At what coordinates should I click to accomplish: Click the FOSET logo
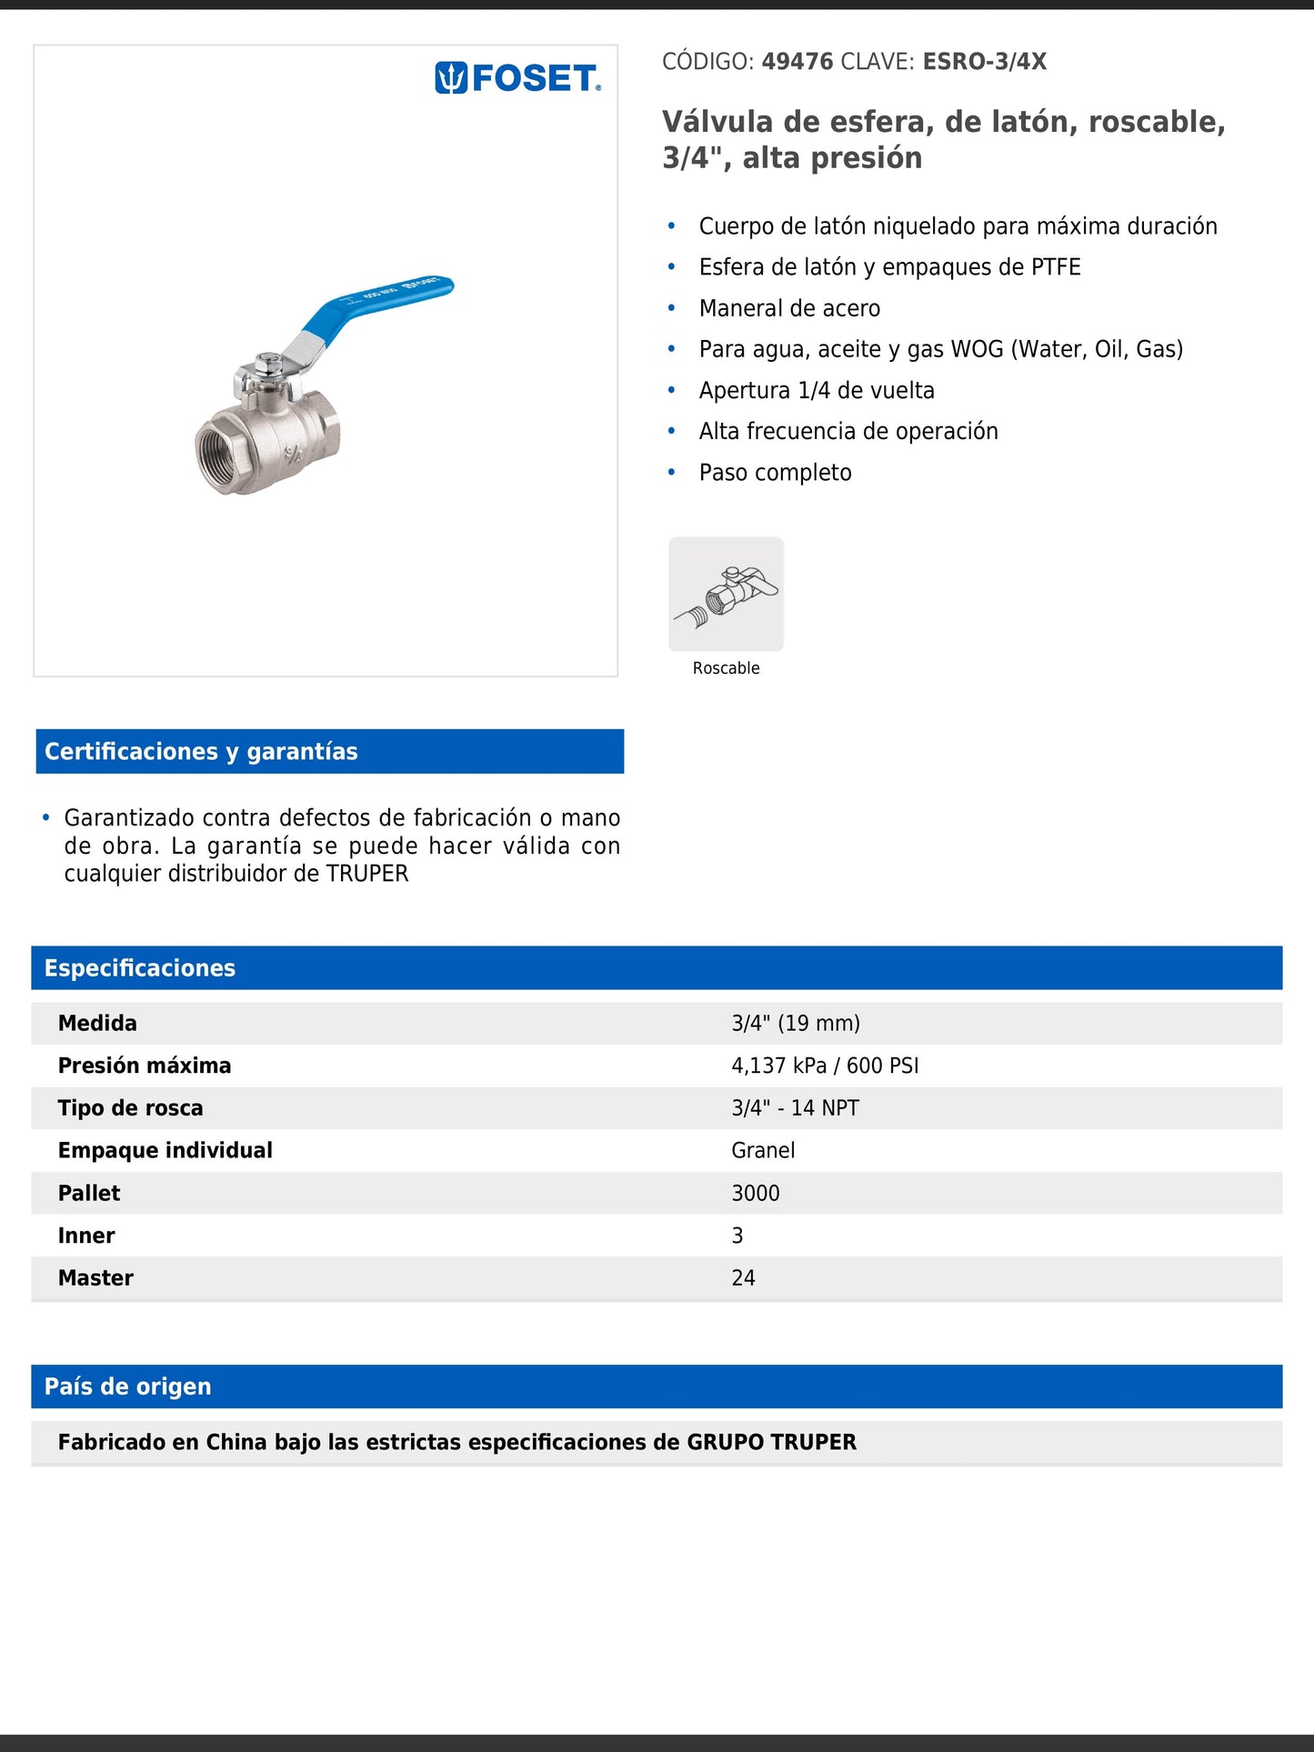click(518, 78)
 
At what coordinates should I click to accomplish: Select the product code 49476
click(797, 62)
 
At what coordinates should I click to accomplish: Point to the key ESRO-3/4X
click(984, 62)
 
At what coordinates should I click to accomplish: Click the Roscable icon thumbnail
click(726, 594)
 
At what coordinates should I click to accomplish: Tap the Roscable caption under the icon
click(726, 668)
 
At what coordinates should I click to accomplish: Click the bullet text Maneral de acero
click(789, 308)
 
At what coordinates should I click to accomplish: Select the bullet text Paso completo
click(775, 473)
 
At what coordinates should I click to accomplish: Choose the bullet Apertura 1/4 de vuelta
click(816, 391)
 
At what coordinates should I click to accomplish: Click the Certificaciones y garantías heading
click(201, 752)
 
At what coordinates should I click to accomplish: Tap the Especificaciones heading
click(140, 968)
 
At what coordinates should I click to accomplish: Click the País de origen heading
click(128, 1387)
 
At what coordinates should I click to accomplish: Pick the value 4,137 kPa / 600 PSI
click(825, 1066)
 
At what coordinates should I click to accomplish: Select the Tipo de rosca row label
click(131, 1108)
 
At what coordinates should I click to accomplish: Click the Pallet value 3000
click(756, 1193)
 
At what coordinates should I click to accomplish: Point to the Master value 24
click(743, 1278)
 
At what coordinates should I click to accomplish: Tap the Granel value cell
click(763, 1150)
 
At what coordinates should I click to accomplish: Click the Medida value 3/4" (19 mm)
click(796, 1023)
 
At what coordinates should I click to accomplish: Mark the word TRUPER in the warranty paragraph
click(367, 874)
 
